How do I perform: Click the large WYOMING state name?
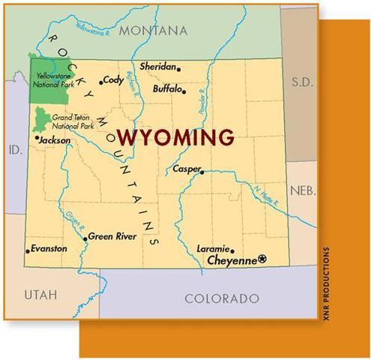(175, 137)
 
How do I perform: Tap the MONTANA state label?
(152, 31)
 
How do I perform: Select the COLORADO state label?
(221, 298)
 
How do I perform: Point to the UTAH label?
(40, 293)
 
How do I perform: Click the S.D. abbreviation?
(301, 80)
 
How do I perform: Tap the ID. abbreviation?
(14, 150)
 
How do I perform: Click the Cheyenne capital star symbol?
(262, 259)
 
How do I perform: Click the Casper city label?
(186, 169)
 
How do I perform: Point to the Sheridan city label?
(157, 67)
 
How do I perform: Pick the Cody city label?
(113, 79)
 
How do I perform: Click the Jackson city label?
(55, 139)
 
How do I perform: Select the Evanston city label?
(49, 248)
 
